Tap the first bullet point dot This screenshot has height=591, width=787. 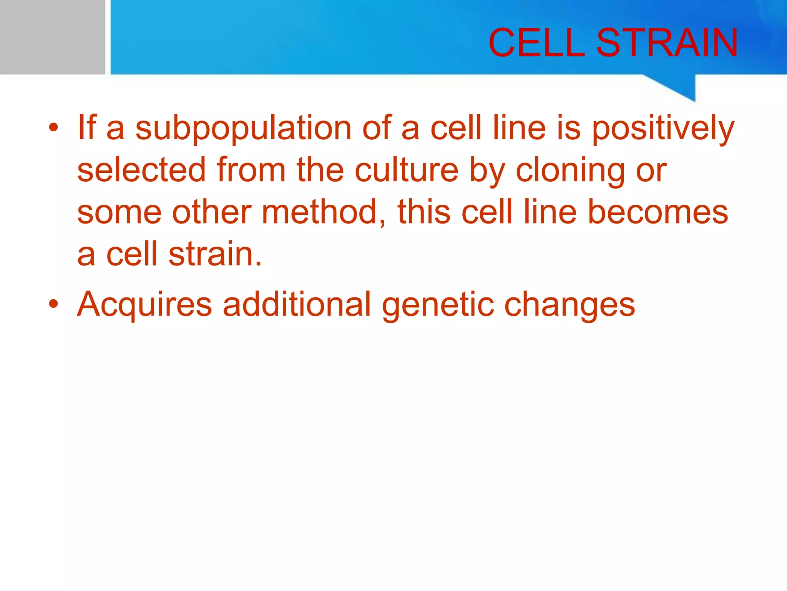(x=53, y=128)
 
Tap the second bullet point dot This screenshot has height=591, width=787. (x=53, y=304)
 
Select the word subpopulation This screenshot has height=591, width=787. (x=243, y=129)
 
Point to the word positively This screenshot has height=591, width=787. (x=663, y=129)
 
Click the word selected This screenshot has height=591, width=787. (x=142, y=170)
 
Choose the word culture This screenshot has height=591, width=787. (x=407, y=170)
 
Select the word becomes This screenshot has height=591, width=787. (x=658, y=212)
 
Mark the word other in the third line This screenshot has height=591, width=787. (x=212, y=212)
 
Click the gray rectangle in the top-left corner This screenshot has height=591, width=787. (x=52, y=37)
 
